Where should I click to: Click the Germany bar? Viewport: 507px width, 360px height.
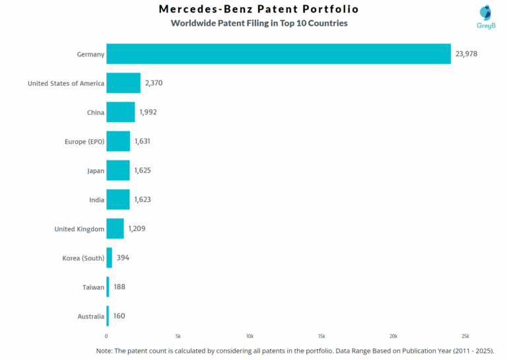coord(279,54)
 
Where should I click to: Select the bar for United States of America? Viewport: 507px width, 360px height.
coord(123,83)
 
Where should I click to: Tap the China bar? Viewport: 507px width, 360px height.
coord(121,112)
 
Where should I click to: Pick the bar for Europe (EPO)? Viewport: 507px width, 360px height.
coord(118,141)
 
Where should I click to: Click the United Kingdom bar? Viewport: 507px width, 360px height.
coord(115,229)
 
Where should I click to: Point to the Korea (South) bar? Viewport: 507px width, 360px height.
coord(109,258)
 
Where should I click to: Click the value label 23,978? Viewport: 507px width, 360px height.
coord(466,54)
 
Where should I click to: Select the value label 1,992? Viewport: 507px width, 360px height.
coord(148,112)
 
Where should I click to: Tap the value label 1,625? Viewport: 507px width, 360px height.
coord(143,170)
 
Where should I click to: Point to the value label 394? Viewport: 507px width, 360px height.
coord(123,258)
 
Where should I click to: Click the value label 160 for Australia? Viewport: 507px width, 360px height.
coord(119,316)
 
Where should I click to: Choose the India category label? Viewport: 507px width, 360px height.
coord(96,199)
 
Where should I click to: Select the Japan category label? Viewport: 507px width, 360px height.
coord(96,170)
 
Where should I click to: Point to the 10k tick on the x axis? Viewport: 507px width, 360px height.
coord(250,336)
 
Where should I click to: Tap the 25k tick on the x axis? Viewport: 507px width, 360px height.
coord(465,336)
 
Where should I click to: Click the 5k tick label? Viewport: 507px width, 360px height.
coord(178,336)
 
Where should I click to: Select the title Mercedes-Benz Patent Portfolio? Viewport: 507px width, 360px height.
coord(259,9)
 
